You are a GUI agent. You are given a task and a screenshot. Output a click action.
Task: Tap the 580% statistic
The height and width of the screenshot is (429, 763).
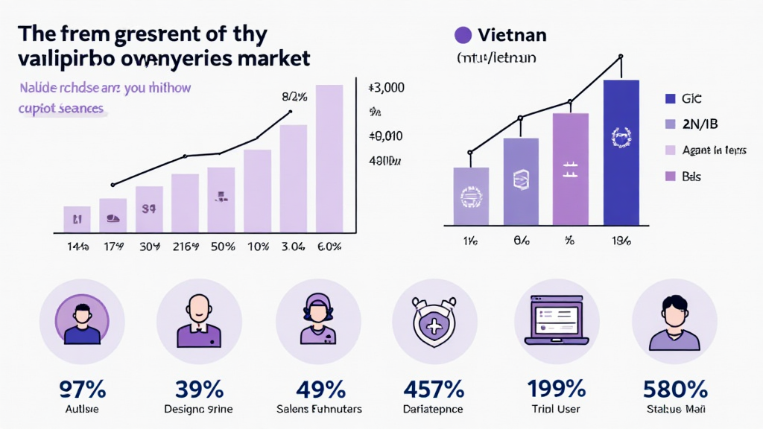pyautogui.click(x=674, y=389)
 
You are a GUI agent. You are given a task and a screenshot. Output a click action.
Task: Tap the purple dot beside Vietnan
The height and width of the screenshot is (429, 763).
pyautogui.click(x=463, y=34)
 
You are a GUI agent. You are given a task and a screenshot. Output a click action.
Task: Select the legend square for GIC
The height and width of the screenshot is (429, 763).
pyautogui.click(x=668, y=98)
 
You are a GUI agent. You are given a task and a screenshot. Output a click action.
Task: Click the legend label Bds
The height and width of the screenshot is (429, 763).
pyautogui.click(x=691, y=177)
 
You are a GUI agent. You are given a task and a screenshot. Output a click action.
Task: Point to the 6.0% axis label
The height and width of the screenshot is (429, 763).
pyautogui.click(x=329, y=247)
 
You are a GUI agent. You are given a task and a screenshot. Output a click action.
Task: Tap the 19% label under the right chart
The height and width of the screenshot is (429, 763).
pyautogui.click(x=621, y=241)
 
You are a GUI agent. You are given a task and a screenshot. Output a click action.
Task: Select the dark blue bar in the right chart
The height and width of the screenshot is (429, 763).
pyautogui.click(x=621, y=152)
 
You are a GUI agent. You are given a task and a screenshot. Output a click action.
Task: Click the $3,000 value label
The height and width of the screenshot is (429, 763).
pyautogui.click(x=386, y=88)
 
